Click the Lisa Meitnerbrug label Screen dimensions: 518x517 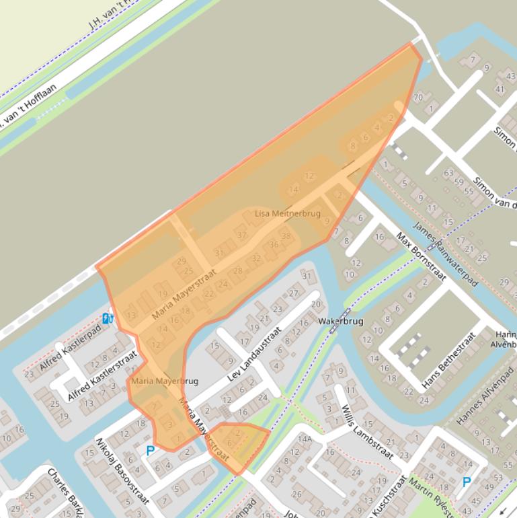tap(288, 213)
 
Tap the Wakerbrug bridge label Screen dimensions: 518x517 tap(341, 322)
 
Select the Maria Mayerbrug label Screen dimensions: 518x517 tap(165, 381)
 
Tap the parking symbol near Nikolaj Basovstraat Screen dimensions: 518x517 tap(150, 450)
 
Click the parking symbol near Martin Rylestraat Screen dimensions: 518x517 tap(467, 481)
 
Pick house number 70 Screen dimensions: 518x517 tap(417, 98)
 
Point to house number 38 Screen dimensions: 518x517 tap(286, 236)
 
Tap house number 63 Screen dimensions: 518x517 tap(448, 174)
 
